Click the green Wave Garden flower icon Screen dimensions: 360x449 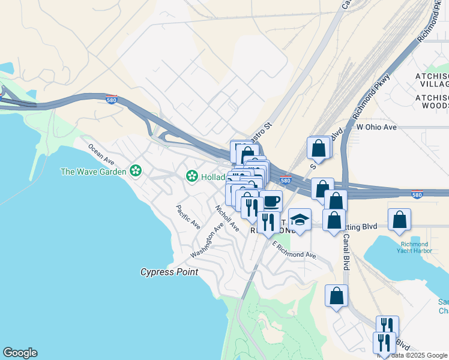click(136, 172)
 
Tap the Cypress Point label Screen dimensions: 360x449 click(169, 272)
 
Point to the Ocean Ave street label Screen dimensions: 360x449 click(101, 154)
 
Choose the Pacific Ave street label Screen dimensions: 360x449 click(188, 217)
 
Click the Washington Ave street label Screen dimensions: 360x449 click(207, 239)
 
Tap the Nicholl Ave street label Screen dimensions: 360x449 click(227, 218)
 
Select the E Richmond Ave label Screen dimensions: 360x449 click(294, 250)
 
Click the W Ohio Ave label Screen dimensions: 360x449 click(376, 128)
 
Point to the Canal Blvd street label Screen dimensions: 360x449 click(346, 251)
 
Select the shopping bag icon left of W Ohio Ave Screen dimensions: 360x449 click(319, 148)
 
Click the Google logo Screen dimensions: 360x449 click(20, 353)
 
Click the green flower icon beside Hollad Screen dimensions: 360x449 click(191, 176)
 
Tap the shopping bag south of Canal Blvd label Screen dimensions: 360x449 click(337, 295)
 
